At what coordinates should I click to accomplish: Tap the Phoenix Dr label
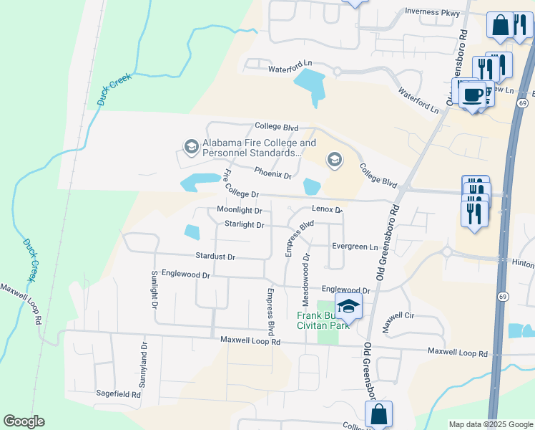[273, 173]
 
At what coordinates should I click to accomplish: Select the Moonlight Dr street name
[240, 211]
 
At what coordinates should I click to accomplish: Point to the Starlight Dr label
[244, 225]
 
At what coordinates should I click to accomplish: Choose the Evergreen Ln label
[354, 247]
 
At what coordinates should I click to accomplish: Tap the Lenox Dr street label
[327, 209]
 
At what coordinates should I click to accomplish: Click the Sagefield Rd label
[118, 394]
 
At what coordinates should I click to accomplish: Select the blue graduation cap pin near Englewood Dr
[348, 306]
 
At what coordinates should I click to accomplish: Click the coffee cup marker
[472, 95]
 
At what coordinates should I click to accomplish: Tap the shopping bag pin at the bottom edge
[378, 414]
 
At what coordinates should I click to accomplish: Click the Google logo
[24, 421]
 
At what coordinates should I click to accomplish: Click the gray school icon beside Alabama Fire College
[191, 148]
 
